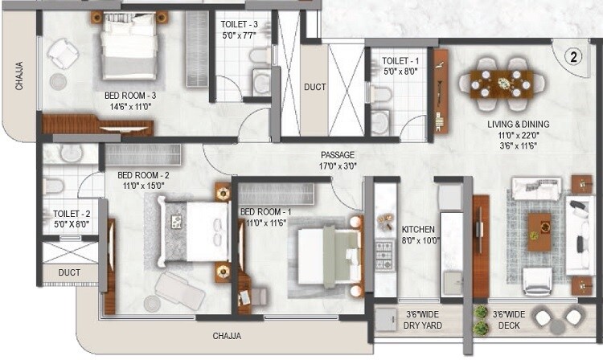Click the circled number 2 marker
572,57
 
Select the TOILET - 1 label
399,61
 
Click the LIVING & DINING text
518,125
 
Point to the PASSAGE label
336,155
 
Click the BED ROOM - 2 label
143,175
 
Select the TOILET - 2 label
64,214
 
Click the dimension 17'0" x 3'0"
336,166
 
